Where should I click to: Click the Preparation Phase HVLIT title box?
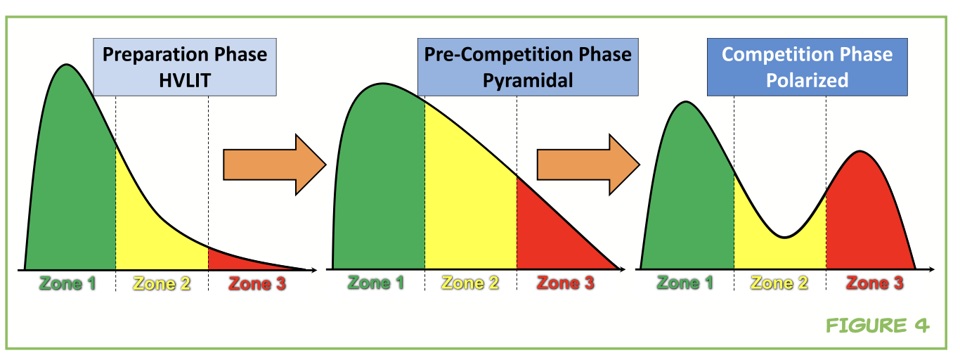click(185, 67)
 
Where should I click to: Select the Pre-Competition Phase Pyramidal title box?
click(528, 67)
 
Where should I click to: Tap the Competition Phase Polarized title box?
click(807, 67)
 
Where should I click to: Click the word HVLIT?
click(185, 81)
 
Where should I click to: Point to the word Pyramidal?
click(528, 81)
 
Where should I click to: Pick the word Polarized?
click(807, 81)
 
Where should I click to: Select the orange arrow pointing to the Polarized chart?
click(588, 165)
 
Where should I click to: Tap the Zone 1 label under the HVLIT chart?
click(67, 284)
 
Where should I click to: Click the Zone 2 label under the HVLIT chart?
click(162, 284)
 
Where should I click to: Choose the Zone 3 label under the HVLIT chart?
click(257, 284)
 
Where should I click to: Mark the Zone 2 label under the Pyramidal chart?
click(471, 283)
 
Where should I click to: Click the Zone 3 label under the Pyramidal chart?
click(566, 283)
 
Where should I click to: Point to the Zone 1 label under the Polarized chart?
click(685, 283)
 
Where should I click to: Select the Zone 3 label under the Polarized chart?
click(875, 283)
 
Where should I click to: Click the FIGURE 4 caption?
click(878, 326)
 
